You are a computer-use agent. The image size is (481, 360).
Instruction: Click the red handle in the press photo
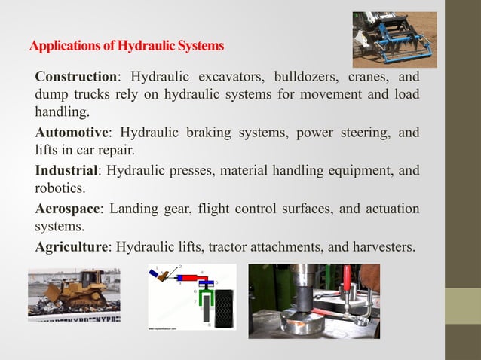(x=348, y=282)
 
